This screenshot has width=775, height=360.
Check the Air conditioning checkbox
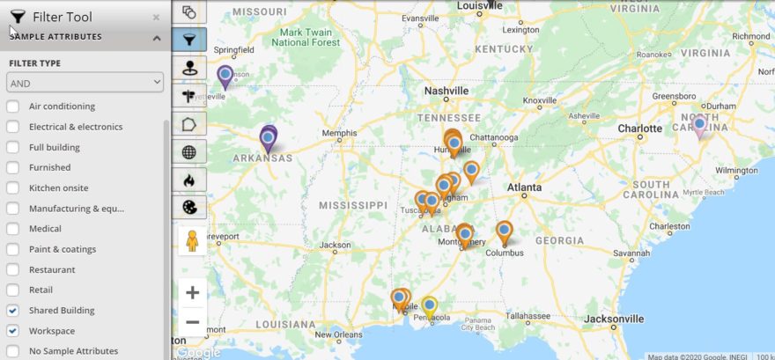(x=12, y=107)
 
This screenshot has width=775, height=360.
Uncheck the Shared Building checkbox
(x=12, y=311)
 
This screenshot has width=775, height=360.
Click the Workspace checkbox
(x=12, y=331)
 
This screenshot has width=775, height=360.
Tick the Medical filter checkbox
(x=12, y=229)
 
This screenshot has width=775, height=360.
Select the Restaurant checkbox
(x=12, y=269)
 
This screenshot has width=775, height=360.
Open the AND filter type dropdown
(x=85, y=82)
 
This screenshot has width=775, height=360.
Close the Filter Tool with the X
(x=156, y=17)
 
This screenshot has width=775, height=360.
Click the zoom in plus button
(x=192, y=292)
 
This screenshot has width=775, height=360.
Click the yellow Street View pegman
(x=192, y=240)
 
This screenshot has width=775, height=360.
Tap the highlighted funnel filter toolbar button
(x=188, y=40)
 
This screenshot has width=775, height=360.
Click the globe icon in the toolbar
(x=188, y=151)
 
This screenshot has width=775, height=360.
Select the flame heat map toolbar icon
(x=188, y=180)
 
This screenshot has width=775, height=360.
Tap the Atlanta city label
(x=524, y=187)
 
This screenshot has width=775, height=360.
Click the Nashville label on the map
(x=446, y=91)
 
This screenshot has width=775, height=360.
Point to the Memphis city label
(x=340, y=134)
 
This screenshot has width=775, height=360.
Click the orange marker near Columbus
(x=504, y=231)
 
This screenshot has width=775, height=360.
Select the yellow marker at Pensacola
(x=430, y=306)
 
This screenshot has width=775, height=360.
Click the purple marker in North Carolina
(x=699, y=126)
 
